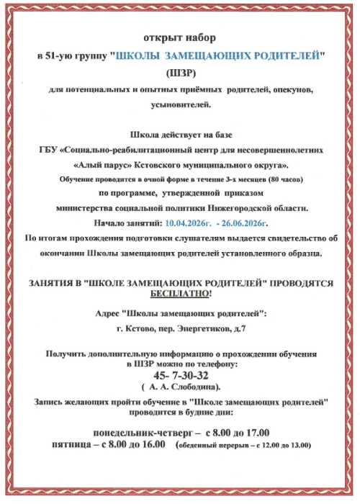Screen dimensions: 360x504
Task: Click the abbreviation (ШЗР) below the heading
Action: pyautogui.click(x=179, y=73)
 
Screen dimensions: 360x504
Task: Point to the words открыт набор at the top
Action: pyautogui.click(x=179, y=37)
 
